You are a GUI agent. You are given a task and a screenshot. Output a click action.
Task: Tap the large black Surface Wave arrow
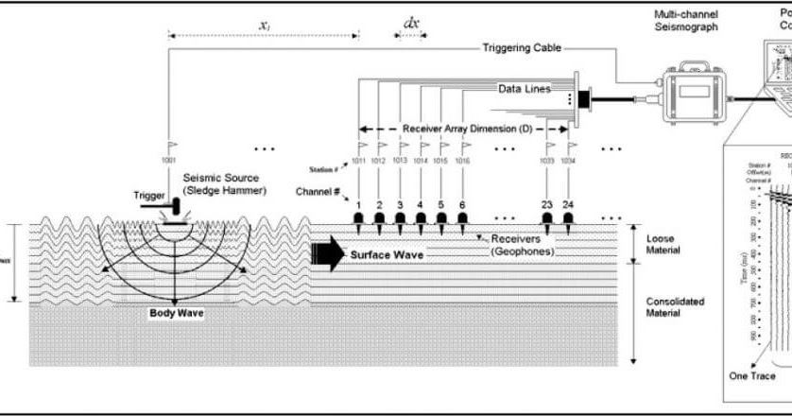pyautogui.click(x=326, y=253)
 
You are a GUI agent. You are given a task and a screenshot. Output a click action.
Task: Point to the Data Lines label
pyautogui.click(x=525, y=88)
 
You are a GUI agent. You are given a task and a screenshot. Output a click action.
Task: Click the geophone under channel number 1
pyautogui.click(x=360, y=221)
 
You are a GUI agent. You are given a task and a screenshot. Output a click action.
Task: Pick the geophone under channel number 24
pyautogui.click(x=568, y=221)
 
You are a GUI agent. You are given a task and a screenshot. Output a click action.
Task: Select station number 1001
pyautogui.click(x=169, y=161)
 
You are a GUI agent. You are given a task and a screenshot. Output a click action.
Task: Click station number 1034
pyautogui.click(x=568, y=161)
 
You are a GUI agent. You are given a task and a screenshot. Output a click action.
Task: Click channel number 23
pyautogui.click(x=547, y=204)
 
